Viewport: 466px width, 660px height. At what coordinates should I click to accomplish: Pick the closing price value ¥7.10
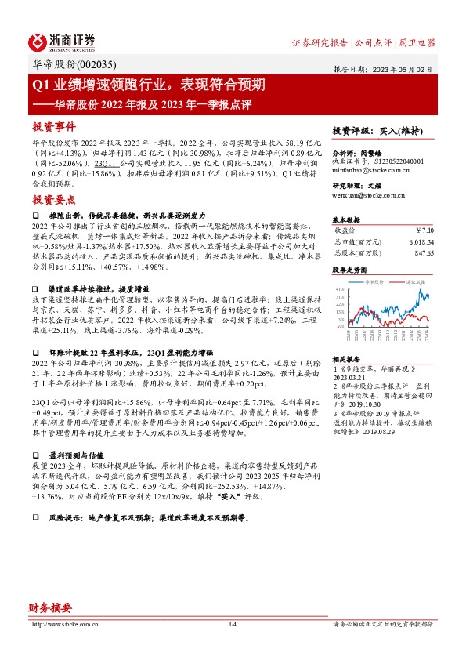[x=421, y=230]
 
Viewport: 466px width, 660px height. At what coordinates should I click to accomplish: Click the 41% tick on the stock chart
[x=339, y=288]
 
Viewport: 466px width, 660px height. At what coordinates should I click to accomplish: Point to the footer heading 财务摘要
[x=50, y=607]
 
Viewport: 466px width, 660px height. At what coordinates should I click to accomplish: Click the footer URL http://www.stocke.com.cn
[x=62, y=624]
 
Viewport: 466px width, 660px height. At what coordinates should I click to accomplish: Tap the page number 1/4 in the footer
[x=233, y=624]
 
